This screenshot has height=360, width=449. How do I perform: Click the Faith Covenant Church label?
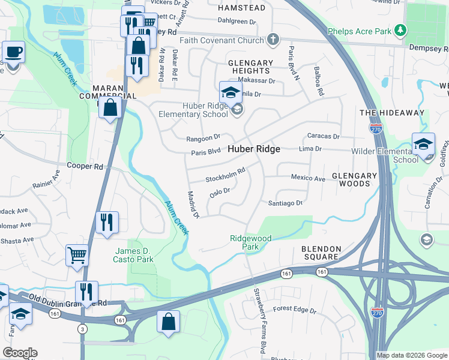[222, 41]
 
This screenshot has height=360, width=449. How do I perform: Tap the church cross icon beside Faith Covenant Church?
[273, 40]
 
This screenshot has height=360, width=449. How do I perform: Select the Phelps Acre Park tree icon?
[399, 30]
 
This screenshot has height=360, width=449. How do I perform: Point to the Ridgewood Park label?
[251, 242]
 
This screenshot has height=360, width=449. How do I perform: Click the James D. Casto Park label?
[133, 255]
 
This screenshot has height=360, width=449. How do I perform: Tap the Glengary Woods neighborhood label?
[355, 179]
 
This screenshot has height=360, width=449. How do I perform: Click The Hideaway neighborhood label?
[391, 113]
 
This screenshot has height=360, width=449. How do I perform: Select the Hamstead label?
[241, 8]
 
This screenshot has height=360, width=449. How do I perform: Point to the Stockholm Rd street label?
[226, 175]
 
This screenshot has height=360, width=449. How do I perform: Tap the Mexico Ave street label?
[308, 178]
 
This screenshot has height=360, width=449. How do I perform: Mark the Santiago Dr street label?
[285, 203]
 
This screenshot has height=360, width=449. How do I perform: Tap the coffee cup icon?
[13, 52]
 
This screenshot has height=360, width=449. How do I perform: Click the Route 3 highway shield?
[81, 328]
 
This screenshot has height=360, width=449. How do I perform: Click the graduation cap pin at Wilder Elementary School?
[423, 145]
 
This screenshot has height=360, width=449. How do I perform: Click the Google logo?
[20, 353]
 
